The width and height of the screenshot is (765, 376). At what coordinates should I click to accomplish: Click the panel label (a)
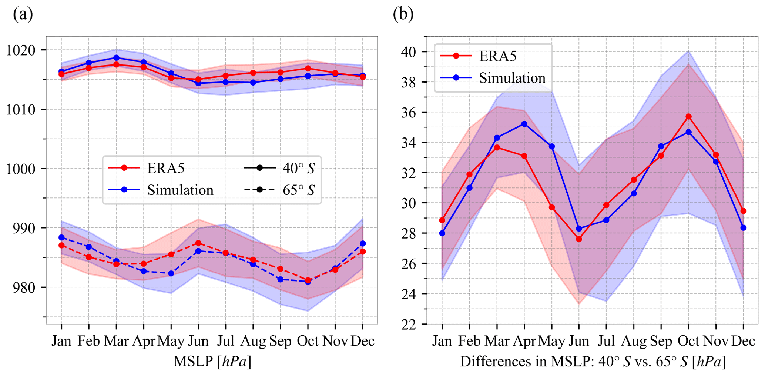click(23, 15)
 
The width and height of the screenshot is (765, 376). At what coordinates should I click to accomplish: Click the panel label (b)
click(403, 15)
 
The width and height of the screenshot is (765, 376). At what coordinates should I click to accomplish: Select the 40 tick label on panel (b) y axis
click(409, 52)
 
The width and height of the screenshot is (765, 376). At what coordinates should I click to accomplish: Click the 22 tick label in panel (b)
click(409, 325)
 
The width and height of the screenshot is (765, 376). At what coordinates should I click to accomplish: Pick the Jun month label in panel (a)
click(198, 341)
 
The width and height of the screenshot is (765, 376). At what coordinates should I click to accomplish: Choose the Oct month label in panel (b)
click(688, 341)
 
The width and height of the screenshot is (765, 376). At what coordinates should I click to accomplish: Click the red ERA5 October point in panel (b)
click(688, 117)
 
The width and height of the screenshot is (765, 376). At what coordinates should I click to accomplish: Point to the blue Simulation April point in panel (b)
click(524, 124)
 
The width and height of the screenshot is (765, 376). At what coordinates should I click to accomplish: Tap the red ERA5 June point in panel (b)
click(579, 239)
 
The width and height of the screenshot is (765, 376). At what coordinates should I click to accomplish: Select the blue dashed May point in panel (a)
click(171, 273)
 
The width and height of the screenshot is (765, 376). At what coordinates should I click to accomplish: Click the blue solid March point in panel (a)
click(116, 58)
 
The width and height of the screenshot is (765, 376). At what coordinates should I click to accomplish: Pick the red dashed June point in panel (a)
click(198, 243)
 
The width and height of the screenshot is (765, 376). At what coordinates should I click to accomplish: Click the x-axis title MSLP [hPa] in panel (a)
click(212, 362)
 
